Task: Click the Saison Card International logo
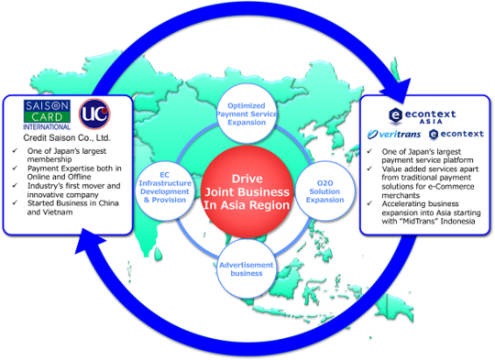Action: pyautogui.click(x=47, y=115)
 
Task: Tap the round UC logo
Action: pyautogui.click(x=94, y=114)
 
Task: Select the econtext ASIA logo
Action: pyautogui.click(x=423, y=115)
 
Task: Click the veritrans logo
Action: pyautogui.click(x=394, y=135)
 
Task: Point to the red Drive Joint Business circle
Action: pyautogui.click(x=247, y=191)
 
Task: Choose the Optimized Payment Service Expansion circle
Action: pyautogui.click(x=247, y=114)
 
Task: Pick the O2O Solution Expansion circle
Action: pyautogui.click(x=324, y=191)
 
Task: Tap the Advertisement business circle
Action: pyautogui.click(x=247, y=268)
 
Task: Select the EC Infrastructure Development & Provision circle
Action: pyautogui.click(x=165, y=188)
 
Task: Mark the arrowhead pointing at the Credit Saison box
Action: pyautogui.click(x=90, y=240)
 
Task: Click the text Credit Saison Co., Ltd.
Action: pyautogui.click(x=67, y=138)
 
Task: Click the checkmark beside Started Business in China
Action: pyautogui.click(x=15, y=202)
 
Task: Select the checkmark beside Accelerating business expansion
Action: pyautogui.click(x=369, y=203)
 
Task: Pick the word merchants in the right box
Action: pyautogui.click(x=401, y=195)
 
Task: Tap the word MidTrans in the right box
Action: pyautogui.click(x=420, y=221)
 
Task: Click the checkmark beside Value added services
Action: pyautogui.click(x=369, y=169)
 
